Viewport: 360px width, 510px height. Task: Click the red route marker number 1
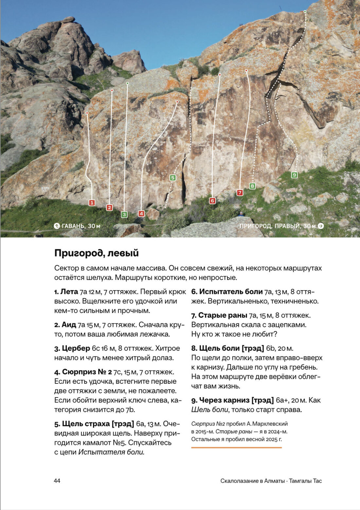point(92,203)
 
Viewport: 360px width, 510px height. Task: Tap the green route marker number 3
point(124,215)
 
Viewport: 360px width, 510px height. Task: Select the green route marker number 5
point(173,178)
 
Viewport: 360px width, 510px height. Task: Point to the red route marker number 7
point(240,193)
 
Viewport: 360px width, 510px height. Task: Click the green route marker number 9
point(294,175)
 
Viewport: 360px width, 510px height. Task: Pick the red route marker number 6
point(212,201)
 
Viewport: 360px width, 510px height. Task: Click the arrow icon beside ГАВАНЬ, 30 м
point(57,226)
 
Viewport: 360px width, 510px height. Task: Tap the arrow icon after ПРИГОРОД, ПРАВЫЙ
point(321,226)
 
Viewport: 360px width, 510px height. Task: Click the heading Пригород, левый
point(97,253)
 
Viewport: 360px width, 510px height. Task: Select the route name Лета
point(69,291)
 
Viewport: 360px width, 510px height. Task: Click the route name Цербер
point(76,348)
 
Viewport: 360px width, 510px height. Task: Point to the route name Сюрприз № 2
point(87,372)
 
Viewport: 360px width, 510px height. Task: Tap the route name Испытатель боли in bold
point(231,291)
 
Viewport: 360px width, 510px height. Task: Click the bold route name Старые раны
point(223,315)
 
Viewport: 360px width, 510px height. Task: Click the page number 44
point(57,481)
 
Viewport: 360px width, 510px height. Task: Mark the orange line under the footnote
point(236,448)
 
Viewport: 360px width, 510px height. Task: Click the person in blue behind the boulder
point(241,214)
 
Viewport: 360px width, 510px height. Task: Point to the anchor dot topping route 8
point(305,12)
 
